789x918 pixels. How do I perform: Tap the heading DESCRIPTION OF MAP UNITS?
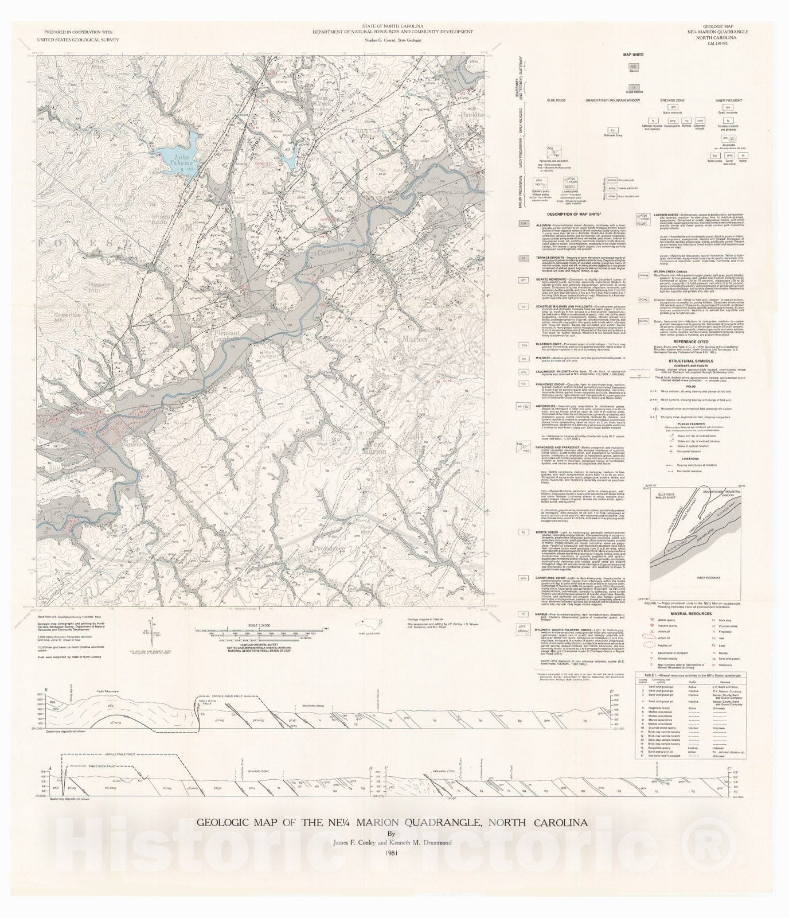(x=573, y=215)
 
